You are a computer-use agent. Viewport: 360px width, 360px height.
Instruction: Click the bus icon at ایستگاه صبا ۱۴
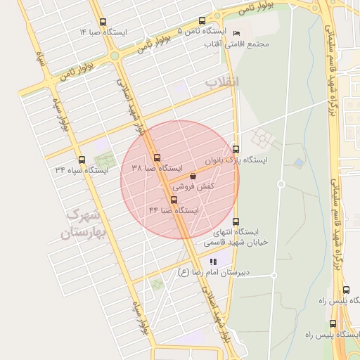coord(104,22)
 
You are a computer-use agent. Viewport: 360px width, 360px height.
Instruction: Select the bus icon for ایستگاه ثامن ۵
coord(202,20)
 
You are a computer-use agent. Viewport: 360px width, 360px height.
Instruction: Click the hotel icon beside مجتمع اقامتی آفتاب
coord(236,33)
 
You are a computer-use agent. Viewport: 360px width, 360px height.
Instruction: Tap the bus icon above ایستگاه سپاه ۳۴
coord(82,160)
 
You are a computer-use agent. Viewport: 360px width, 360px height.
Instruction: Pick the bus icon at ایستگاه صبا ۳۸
coord(157,157)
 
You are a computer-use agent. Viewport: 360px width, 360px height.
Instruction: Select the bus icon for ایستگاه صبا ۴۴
coord(174,200)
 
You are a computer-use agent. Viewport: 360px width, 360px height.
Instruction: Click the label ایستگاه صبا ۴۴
coord(174,210)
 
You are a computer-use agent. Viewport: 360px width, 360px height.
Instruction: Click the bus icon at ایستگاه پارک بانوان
coord(236,149)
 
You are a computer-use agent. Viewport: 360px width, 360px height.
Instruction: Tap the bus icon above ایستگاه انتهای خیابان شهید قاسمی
coord(236,221)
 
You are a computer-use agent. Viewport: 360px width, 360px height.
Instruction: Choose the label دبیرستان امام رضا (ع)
coord(215,273)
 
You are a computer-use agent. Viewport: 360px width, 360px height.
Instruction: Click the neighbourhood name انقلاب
coord(222,82)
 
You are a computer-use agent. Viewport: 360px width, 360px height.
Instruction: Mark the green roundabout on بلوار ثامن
coord(114,56)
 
